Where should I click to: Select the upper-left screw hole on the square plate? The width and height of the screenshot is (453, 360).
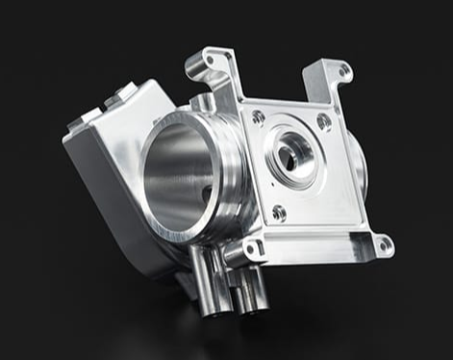click(x=259, y=117)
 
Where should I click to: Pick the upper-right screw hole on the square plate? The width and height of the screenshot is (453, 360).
click(x=323, y=121)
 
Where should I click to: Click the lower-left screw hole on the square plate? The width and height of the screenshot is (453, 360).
click(x=278, y=213)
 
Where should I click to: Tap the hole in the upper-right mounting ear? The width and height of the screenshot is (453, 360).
click(x=341, y=70)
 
